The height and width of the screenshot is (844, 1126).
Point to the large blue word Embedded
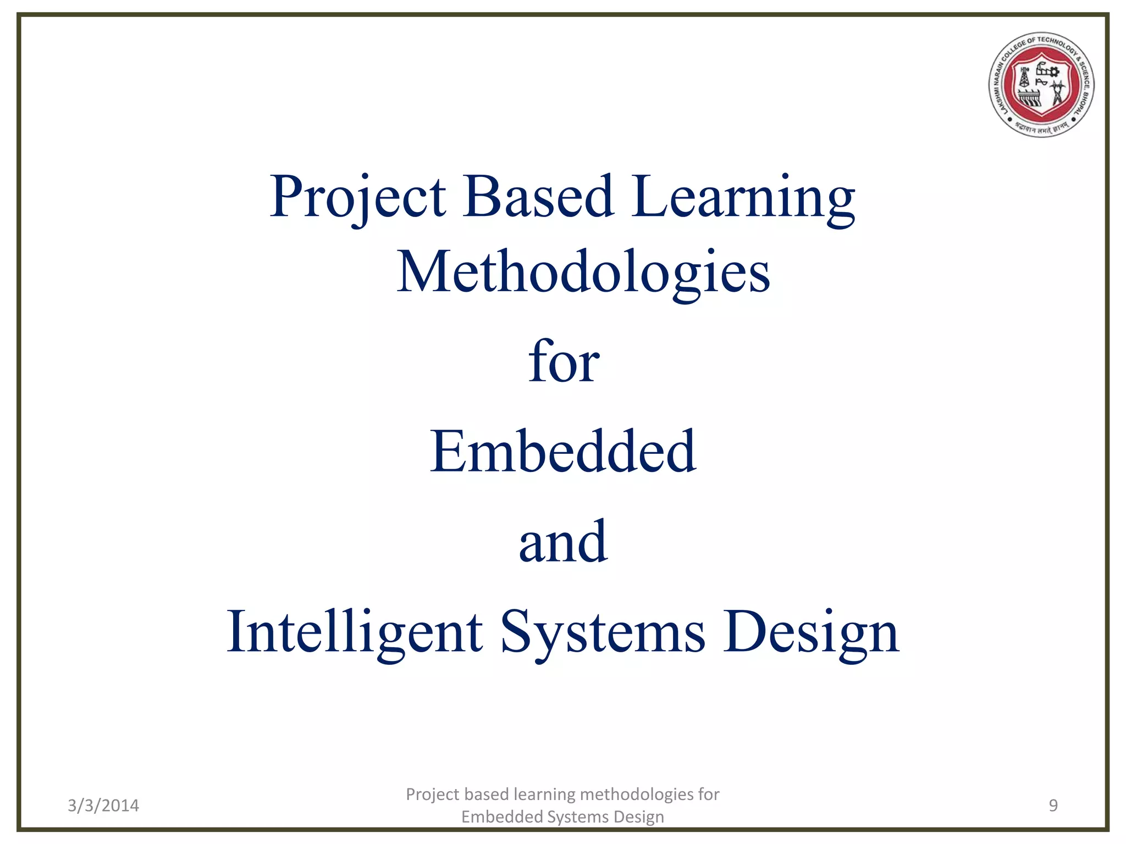[563, 451]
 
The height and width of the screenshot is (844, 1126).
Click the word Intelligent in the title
[355, 633]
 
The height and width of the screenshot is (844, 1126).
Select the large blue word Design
[810, 633]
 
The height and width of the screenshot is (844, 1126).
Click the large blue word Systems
[603, 633]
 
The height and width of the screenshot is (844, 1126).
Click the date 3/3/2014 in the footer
[103, 806]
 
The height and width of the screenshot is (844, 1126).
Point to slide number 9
[1053, 806]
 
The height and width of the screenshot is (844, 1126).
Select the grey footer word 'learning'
[544, 795]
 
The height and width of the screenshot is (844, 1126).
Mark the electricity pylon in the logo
[1057, 93]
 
